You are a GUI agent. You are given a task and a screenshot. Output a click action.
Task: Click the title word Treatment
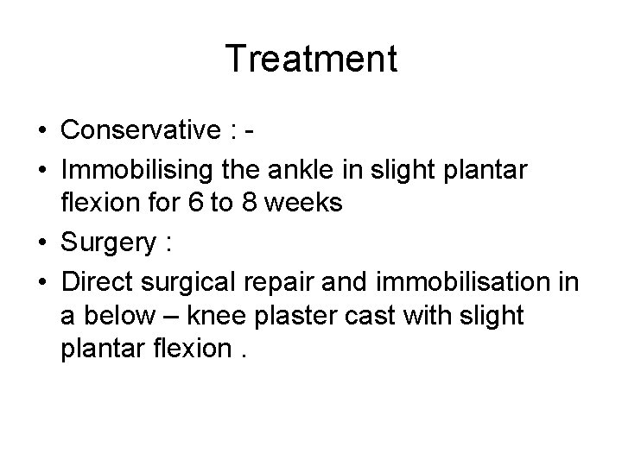tap(311, 60)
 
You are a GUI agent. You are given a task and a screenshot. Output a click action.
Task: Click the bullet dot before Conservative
tap(41, 132)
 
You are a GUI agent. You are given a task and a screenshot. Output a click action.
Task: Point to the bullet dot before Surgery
tap(41, 245)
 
